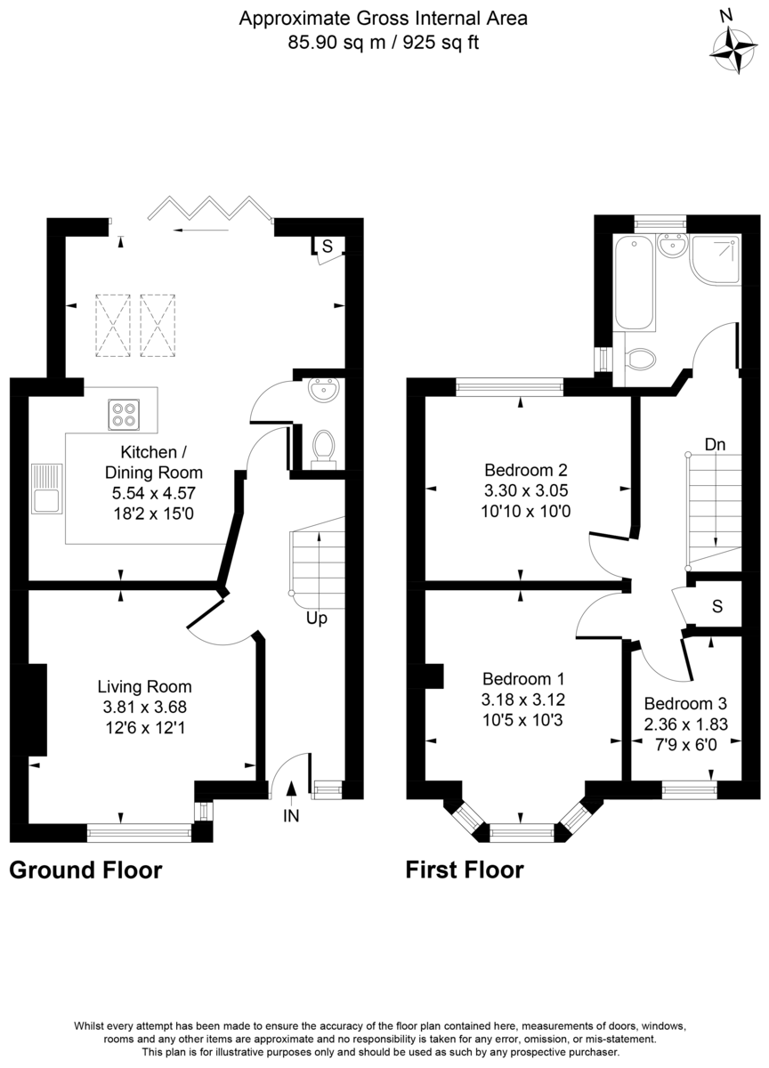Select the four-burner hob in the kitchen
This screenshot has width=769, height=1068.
click(x=123, y=415)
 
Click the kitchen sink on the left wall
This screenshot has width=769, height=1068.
click(x=45, y=489)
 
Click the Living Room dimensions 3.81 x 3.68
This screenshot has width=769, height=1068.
click(x=144, y=708)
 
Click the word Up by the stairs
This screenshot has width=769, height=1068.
click(x=316, y=617)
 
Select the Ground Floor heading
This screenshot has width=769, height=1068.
click(x=85, y=870)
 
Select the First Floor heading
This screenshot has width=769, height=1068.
click(x=465, y=870)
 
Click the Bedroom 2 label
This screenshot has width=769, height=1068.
click(x=525, y=470)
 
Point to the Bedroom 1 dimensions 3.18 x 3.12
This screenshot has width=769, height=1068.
click(x=524, y=699)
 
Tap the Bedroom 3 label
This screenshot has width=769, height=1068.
click(x=685, y=701)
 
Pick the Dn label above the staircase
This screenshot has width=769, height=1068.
click(x=714, y=444)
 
